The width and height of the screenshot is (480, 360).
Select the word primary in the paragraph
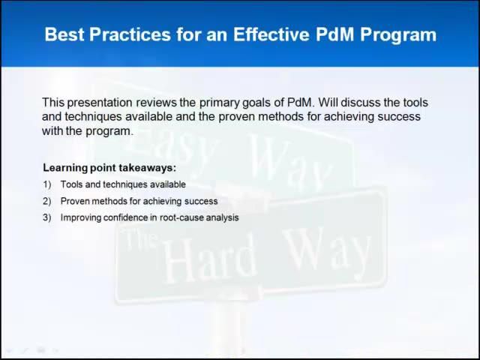click(x=218, y=102)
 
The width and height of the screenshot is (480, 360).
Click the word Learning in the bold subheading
click(x=65, y=168)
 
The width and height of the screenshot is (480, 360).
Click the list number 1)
click(x=47, y=184)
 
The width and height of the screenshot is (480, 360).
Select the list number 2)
click(x=47, y=201)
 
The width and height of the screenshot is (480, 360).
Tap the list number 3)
click(x=47, y=217)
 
